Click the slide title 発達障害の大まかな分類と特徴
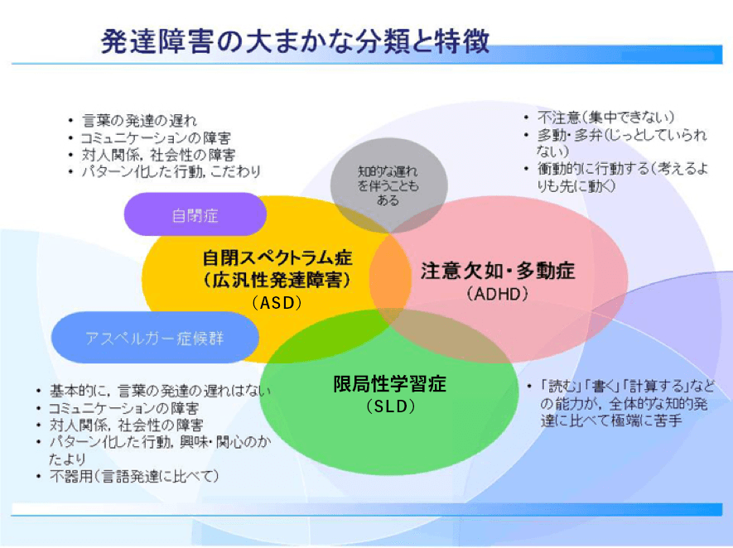(294, 41)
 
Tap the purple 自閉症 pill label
(195, 215)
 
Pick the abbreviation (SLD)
(389, 406)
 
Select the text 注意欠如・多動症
(497, 271)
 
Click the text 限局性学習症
(389, 384)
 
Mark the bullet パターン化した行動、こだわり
(171, 171)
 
